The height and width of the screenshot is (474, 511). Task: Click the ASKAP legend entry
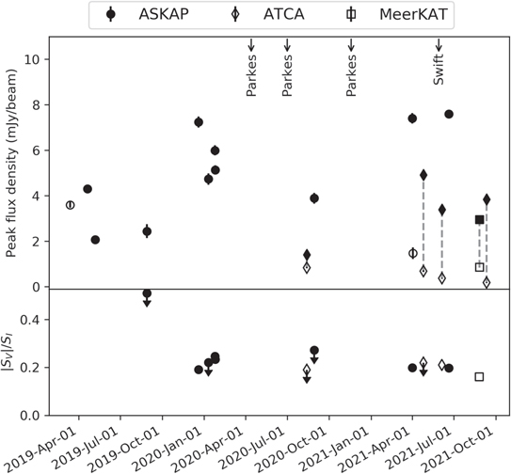pyautogui.click(x=146, y=14)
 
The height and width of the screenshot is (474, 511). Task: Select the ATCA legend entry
pyautogui.click(x=264, y=14)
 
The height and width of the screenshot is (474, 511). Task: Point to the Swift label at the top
pyautogui.click(x=439, y=76)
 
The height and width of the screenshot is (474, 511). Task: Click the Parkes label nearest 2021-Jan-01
pyautogui.click(x=351, y=80)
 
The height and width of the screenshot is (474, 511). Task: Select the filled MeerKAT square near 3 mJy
pyautogui.click(x=479, y=220)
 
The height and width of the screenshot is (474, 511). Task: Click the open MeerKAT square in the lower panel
pyautogui.click(x=479, y=376)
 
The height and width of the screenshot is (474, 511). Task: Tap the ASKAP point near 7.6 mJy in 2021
pyautogui.click(x=449, y=114)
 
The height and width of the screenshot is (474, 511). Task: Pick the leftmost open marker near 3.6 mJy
pyautogui.click(x=70, y=205)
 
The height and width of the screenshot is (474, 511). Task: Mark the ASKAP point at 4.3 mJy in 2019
pyautogui.click(x=88, y=189)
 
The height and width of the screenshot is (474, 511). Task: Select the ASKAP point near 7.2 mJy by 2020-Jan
pyautogui.click(x=199, y=122)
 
